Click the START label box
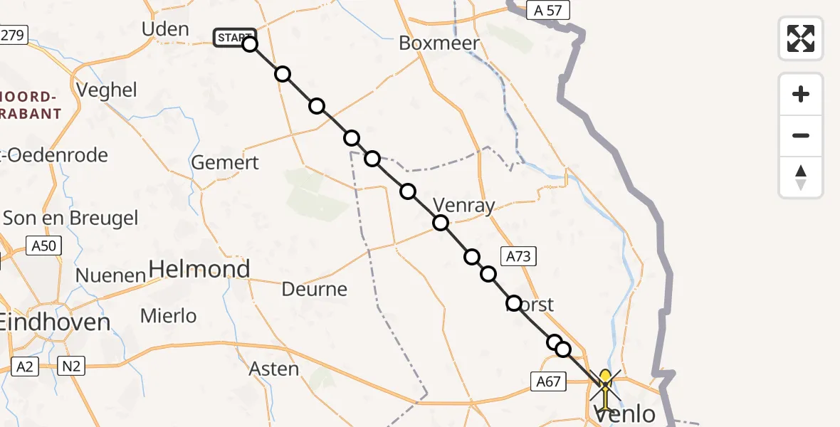point(233,38)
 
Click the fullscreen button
point(801,38)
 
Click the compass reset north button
point(801,177)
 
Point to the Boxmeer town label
point(439,43)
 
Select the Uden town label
point(165,29)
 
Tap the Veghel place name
point(106,90)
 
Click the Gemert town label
point(225,162)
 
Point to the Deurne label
point(314,289)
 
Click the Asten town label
point(274,369)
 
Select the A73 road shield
point(518,256)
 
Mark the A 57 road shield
point(548,10)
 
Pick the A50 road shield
point(44,246)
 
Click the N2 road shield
point(73,367)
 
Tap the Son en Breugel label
point(70,218)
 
